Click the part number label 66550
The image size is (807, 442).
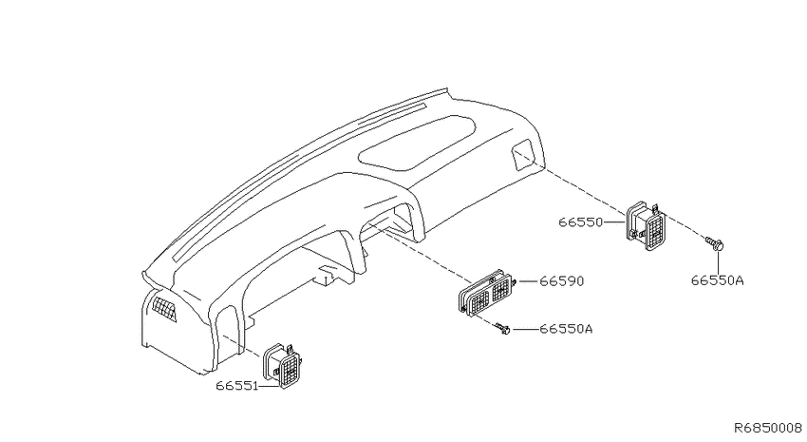pos(580,222)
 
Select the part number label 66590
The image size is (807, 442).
pos(561,281)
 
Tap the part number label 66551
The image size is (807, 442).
pos(236,386)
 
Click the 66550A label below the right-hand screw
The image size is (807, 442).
pos(717,280)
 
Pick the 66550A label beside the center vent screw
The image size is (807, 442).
pos(566,329)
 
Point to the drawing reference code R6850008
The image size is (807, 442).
pos(768,428)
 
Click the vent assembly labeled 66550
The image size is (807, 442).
pos(646,226)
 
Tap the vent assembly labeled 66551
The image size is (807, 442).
pos(283,365)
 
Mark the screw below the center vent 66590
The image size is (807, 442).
pos(502,329)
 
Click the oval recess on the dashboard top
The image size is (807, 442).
pos(417,143)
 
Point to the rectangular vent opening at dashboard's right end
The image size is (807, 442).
pos(524,155)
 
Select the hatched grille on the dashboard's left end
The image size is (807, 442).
pos(164,310)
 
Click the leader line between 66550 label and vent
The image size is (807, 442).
pos(614,222)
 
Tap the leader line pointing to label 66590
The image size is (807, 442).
pos(528,281)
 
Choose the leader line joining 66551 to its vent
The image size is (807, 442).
pos(270,386)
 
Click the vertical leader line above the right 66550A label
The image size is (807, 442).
pos(718,262)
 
